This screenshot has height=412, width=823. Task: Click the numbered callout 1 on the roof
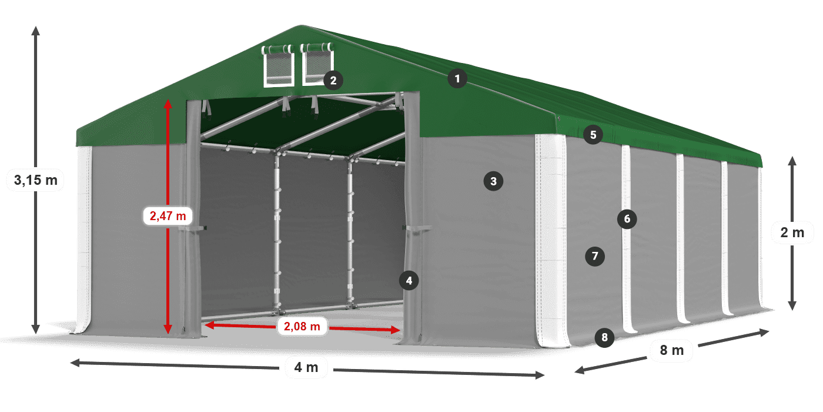tap(457, 78)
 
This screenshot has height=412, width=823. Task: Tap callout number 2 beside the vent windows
tap(333, 81)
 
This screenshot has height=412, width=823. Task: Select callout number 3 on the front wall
tap(493, 181)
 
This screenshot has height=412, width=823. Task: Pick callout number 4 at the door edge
tap(409, 281)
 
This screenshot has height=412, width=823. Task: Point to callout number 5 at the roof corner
tap(593, 135)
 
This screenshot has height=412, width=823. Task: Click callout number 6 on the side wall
tap(627, 220)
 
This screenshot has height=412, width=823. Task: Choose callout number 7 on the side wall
tap(595, 256)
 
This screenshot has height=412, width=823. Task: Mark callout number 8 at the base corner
tap(604, 338)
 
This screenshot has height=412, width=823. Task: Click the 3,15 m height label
tap(36, 180)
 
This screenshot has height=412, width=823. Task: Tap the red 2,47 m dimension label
tap(168, 216)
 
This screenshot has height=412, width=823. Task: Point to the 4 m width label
tap(306, 368)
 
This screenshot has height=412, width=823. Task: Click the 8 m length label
tap(672, 351)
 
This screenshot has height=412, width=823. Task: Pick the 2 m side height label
tap(792, 232)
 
